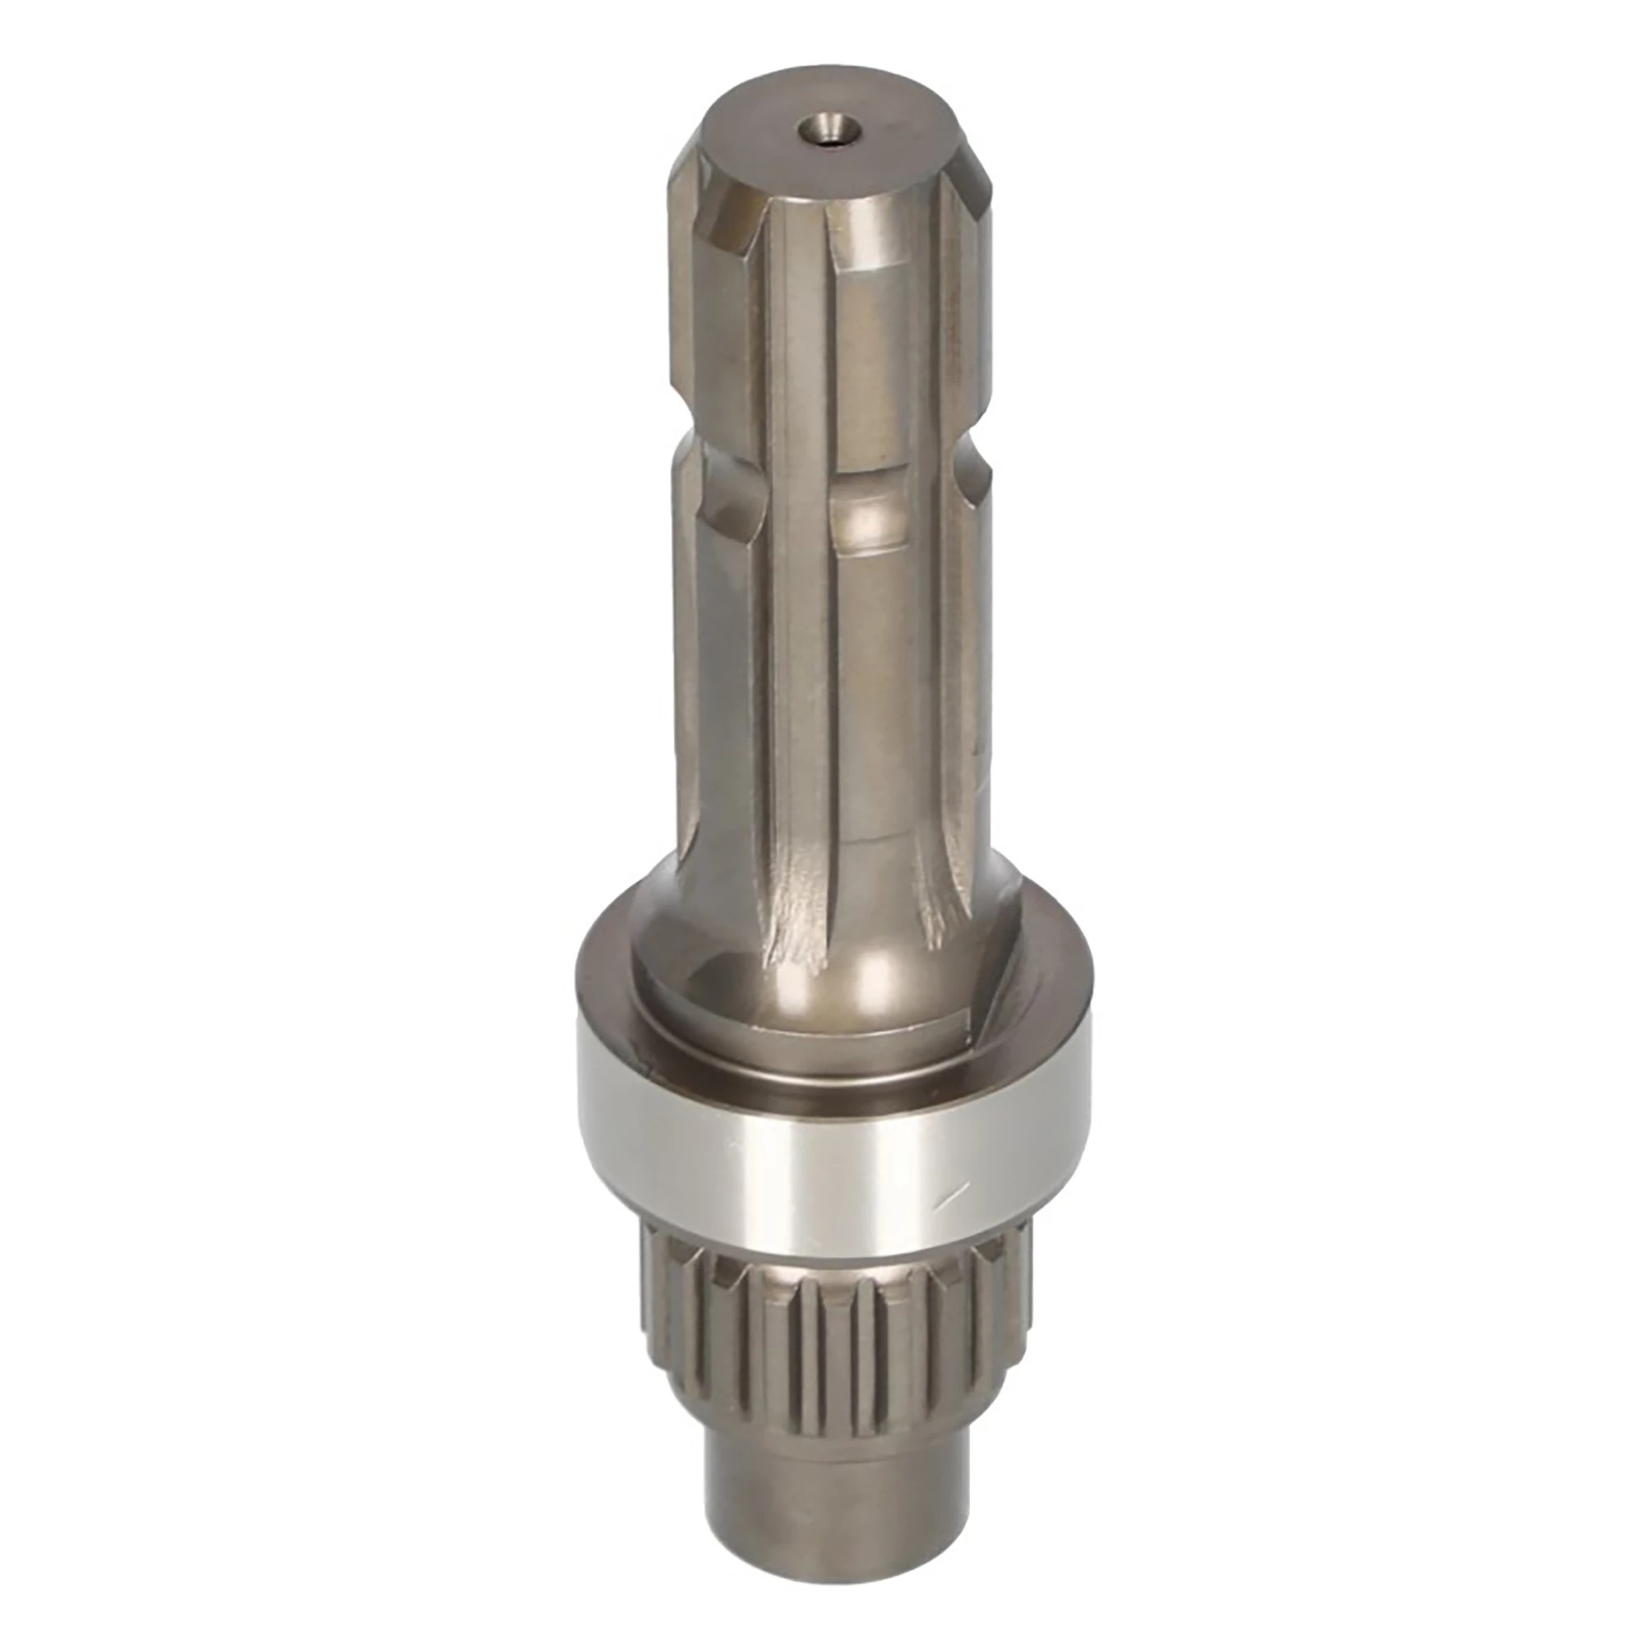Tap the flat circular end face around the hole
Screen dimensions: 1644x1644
coord(885,162)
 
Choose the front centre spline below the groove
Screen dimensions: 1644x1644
coord(876,681)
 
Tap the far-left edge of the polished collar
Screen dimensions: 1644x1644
coord(582,1132)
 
